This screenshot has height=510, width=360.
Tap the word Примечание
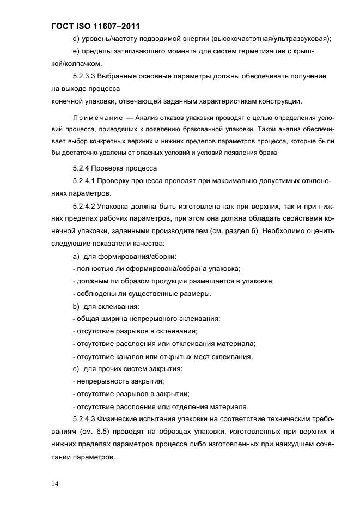point(95,118)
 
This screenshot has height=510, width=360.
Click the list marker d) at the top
point(76,38)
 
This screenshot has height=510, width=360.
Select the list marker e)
point(76,51)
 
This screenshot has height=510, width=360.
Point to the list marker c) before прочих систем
point(76,369)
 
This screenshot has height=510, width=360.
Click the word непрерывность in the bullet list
point(101,381)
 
